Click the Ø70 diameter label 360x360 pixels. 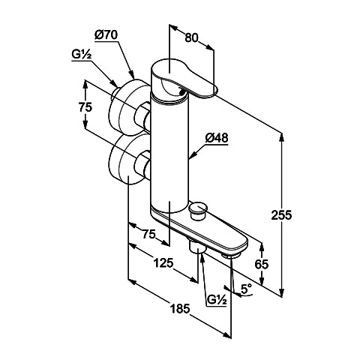click(x=106, y=35)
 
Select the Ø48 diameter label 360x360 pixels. click(x=217, y=138)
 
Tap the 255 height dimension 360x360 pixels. click(x=281, y=214)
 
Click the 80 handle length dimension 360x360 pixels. click(x=191, y=38)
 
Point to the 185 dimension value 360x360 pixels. click(x=181, y=308)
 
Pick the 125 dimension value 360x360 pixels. click(x=163, y=262)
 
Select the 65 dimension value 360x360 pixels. click(x=262, y=264)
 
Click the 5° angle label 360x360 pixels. click(x=246, y=289)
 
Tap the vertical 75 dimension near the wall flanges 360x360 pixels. click(x=85, y=107)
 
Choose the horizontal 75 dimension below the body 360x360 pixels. click(x=148, y=234)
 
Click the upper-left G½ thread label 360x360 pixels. click(x=81, y=55)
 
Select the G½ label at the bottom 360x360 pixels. click(x=217, y=299)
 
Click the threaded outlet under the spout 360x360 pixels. click(x=196, y=247)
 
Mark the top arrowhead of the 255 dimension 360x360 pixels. click(x=281, y=138)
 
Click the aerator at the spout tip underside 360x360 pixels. click(x=230, y=256)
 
